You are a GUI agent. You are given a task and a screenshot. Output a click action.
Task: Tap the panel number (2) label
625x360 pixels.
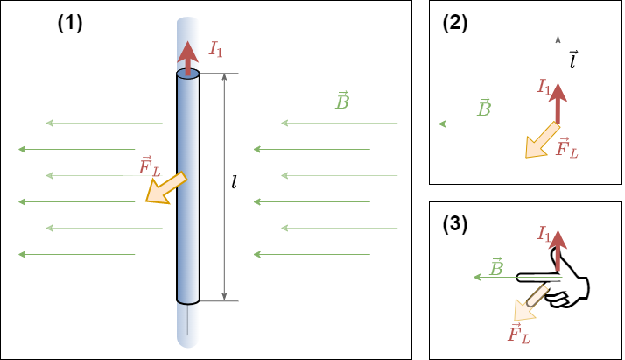(x=455, y=25)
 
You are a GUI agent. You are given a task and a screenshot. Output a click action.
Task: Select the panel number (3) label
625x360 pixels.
(x=455, y=225)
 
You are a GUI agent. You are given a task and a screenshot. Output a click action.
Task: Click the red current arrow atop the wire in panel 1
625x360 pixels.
(x=188, y=57)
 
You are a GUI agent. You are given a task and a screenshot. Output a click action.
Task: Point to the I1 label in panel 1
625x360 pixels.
(x=215, y=51)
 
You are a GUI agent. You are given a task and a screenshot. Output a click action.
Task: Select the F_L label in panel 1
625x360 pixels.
(x=150, y=166)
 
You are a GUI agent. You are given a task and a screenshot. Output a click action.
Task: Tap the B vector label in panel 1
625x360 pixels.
(x=343, y=100)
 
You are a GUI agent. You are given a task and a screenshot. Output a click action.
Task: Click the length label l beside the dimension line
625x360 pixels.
(x=234, y=183)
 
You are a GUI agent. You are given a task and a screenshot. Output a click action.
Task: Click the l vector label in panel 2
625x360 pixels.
(x=572, y=59)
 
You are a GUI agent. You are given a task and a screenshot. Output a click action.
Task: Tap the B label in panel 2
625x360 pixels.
(x=484, y=109)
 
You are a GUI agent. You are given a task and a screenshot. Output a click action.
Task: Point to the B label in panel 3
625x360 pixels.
(x=495, y=265)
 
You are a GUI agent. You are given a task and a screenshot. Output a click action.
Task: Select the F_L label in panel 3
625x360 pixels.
(x=519, y=333)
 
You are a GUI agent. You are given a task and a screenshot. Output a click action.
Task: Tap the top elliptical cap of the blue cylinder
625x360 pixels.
(x=188, y=76)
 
